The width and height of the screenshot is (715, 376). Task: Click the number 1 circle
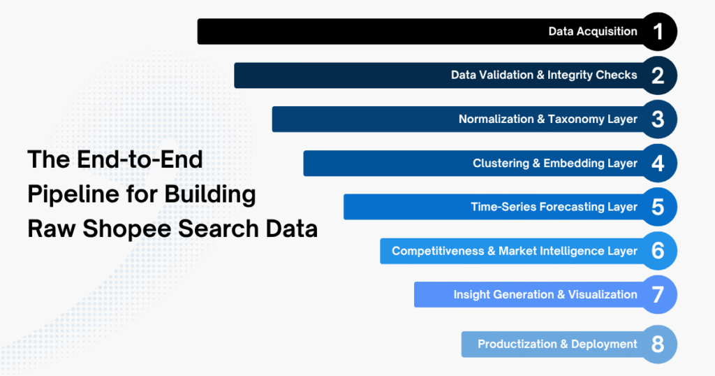click(658, 31)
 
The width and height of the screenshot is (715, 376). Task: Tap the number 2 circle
click(658, 75)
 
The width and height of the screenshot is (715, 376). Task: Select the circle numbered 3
click(658, 120)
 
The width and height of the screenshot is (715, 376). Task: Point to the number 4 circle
click(658, 164)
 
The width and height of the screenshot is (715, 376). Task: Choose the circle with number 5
click(658, 207)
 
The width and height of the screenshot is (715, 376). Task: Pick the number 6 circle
click(658, 251)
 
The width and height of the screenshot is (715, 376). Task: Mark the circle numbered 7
click(658, 295)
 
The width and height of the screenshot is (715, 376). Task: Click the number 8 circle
click(658, 344)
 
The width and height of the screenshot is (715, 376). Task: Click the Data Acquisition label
click(593, 31)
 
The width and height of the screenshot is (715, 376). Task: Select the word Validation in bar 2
click(505, 75)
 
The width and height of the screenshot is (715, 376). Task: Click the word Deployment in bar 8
click(604, 344)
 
